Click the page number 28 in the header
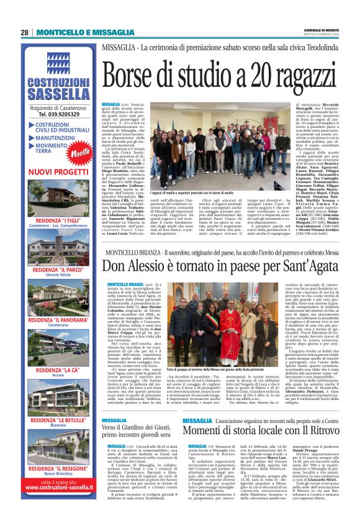[x=24, y=33]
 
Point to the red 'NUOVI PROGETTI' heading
[x=59, y=170]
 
